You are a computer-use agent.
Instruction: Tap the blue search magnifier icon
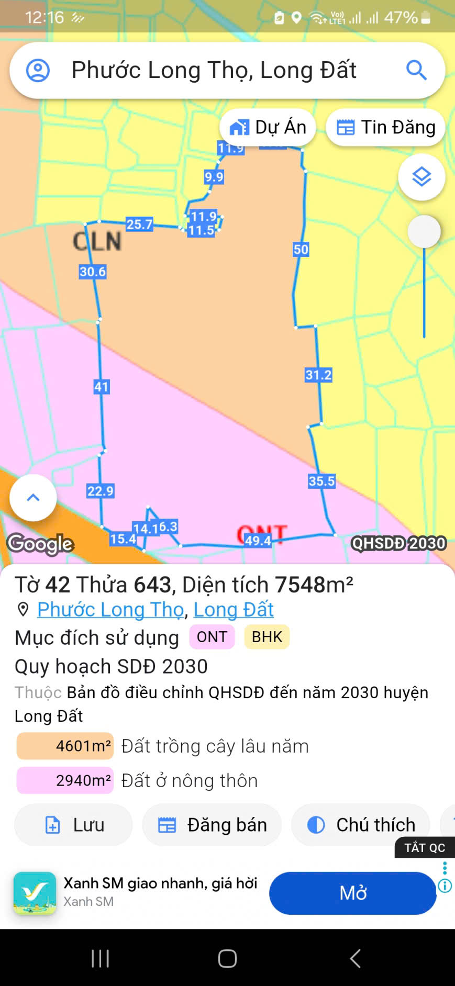[x=416, y=70]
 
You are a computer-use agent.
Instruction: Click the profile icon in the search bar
[x=38, y=70]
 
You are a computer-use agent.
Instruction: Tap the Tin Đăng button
[x=385, y=127]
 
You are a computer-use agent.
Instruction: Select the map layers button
[x=421, y=177]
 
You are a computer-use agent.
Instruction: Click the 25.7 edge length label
[x=139, y=225]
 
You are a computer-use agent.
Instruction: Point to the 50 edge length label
[x=301, y=249]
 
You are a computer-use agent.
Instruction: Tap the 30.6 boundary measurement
[x=93, y=272]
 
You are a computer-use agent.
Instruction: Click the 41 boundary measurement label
[x=101, y=387]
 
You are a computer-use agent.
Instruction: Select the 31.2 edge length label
[x=318, y=375]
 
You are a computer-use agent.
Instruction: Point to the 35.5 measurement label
[x=321, y=481]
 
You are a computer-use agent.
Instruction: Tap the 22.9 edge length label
[x=100, y=491]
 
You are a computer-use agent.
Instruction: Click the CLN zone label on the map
[x=97, y=241]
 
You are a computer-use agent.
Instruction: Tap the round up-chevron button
[x=33, y=498]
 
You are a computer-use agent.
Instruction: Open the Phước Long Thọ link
[x=110, y=609]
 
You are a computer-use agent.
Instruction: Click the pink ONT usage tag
[x=212, y=637]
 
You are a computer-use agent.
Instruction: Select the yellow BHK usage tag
[x=267, y=637]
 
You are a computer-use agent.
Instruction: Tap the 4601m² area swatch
[x=65, y=746]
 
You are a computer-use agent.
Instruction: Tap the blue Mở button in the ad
[x=352, y=893]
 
